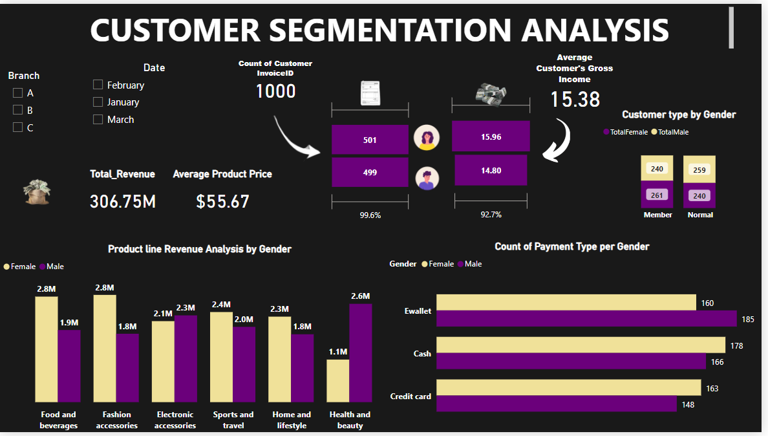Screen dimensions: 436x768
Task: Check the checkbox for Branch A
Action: pos(18,93)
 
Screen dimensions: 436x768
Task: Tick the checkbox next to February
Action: pos(98,85)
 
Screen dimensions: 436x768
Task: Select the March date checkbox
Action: pos(98,119)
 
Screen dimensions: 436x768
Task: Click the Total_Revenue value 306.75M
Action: pos(123,201)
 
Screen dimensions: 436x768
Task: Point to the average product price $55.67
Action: pos(222,201)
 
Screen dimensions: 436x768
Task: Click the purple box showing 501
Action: pos(370,140)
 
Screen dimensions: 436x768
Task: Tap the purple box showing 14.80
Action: pos(491,170)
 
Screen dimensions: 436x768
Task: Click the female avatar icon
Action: pos(427,138)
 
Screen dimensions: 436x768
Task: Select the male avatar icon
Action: pos(426,178)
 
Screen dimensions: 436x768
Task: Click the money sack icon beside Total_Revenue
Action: pos(37,191)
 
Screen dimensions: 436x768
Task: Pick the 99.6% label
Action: pos(370,215)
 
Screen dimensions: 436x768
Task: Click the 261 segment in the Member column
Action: pos(657,195)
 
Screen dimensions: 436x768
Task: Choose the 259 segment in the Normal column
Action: pos(700,169)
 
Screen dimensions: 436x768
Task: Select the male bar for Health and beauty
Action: pos(361,353)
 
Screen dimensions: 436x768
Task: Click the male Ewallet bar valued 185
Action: pos(586,319)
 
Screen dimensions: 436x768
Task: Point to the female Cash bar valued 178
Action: pos(581,345)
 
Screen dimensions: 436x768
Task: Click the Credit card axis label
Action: pos(411,397)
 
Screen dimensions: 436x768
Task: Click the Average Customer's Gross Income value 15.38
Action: pos(575,99)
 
